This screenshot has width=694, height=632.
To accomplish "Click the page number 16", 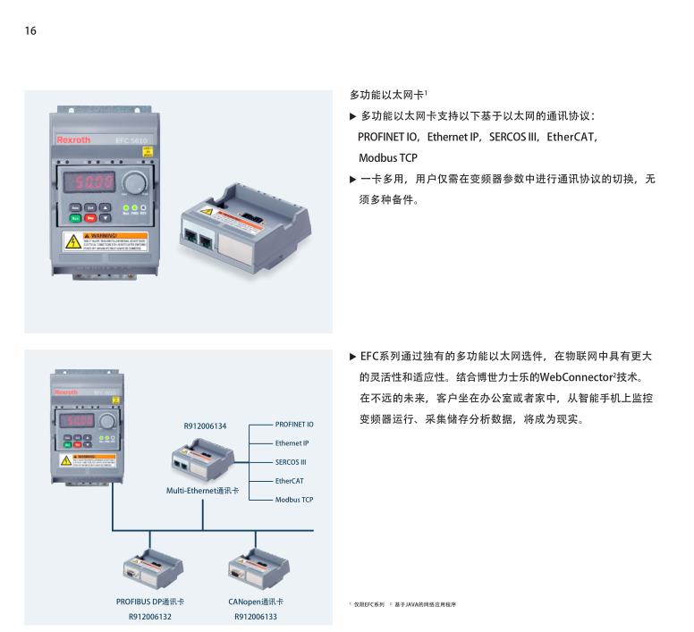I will pyautogui.click(x=30, y=31).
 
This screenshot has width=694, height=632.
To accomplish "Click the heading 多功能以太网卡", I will pyautogui.click(x=386, y=94).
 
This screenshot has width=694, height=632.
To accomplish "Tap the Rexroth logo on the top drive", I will pyautogui.click(x=73, y=140).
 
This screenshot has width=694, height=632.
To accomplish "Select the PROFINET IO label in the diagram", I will pyautogui.click(x=293, y=425).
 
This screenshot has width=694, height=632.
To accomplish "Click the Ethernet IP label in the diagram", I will pyautogui.click(x=292, y=443).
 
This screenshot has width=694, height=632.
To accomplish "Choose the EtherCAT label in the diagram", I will pyautogui.click(x=290, y=481).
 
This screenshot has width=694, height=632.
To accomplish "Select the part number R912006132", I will pyautogui.click(x=150, y=616).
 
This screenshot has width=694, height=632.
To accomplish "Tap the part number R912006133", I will pyautogui.click(x=256, y=616).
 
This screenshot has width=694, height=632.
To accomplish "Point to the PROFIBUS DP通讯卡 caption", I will pyautogui.click(x=150, y=602).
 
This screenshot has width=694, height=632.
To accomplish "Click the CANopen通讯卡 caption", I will pyautogui.click(x=256, y=602).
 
